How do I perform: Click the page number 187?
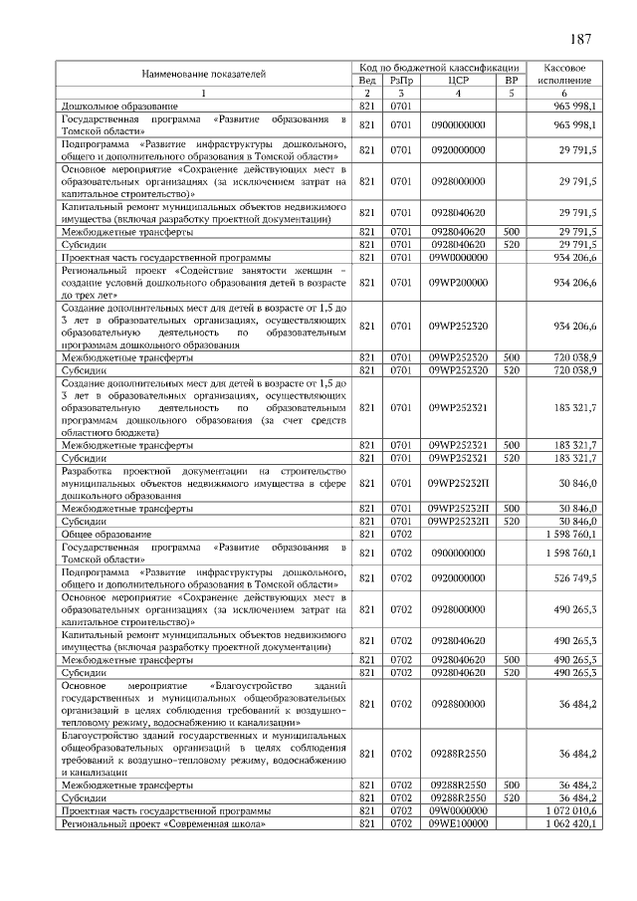coord(582,39)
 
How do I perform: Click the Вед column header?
coord(366,80)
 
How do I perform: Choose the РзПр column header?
coord(401,80)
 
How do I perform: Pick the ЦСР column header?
coord(458,80)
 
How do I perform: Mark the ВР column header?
coord(512,80)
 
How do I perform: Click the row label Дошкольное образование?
coord(119,105)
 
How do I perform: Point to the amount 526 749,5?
coord(575,577)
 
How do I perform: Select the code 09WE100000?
coord(458,824)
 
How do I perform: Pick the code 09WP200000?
coord(458,283)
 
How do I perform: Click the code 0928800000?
coord(458,704)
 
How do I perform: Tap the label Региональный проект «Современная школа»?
coord(163,824)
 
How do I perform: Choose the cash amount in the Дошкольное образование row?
coord(575,105)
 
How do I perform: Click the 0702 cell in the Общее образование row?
coord(401,535)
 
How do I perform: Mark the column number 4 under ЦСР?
coord(458,93)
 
